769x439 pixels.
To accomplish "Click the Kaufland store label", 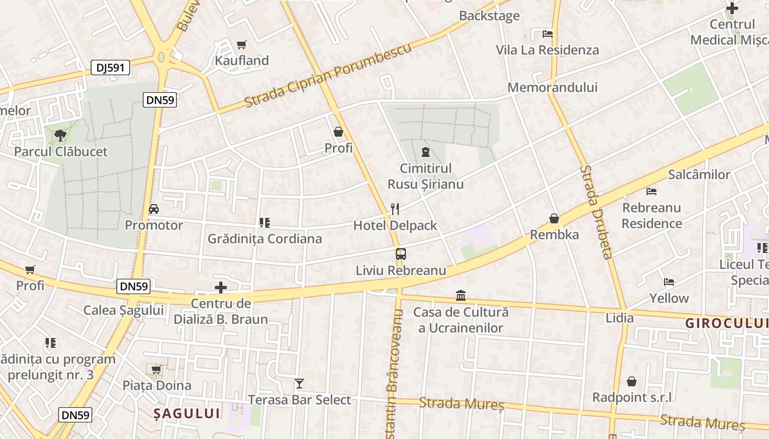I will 242,60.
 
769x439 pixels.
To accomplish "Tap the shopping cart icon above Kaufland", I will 241,44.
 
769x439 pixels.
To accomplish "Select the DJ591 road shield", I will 110,67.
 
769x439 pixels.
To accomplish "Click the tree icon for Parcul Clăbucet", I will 60,135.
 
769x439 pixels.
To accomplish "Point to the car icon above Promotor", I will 154,209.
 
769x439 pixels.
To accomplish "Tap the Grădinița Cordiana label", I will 264,239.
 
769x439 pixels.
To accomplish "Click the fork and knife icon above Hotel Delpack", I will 394,209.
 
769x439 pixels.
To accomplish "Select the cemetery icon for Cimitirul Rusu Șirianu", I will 425,151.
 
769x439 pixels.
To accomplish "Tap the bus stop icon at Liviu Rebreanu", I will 401,254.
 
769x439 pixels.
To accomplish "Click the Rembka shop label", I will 554,235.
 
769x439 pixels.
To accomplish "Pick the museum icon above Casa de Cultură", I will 461,296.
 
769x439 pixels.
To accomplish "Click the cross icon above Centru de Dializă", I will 220,288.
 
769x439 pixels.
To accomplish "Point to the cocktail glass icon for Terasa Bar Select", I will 299,383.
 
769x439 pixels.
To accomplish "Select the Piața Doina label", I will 157,385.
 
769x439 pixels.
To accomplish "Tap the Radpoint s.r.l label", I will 632,397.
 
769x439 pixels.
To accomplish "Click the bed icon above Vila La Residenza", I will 547,34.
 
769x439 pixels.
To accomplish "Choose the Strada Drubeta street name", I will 595,212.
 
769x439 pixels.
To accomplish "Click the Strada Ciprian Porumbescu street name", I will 328,76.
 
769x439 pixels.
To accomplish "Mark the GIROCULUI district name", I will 726,323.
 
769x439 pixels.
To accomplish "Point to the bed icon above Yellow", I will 669,282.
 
